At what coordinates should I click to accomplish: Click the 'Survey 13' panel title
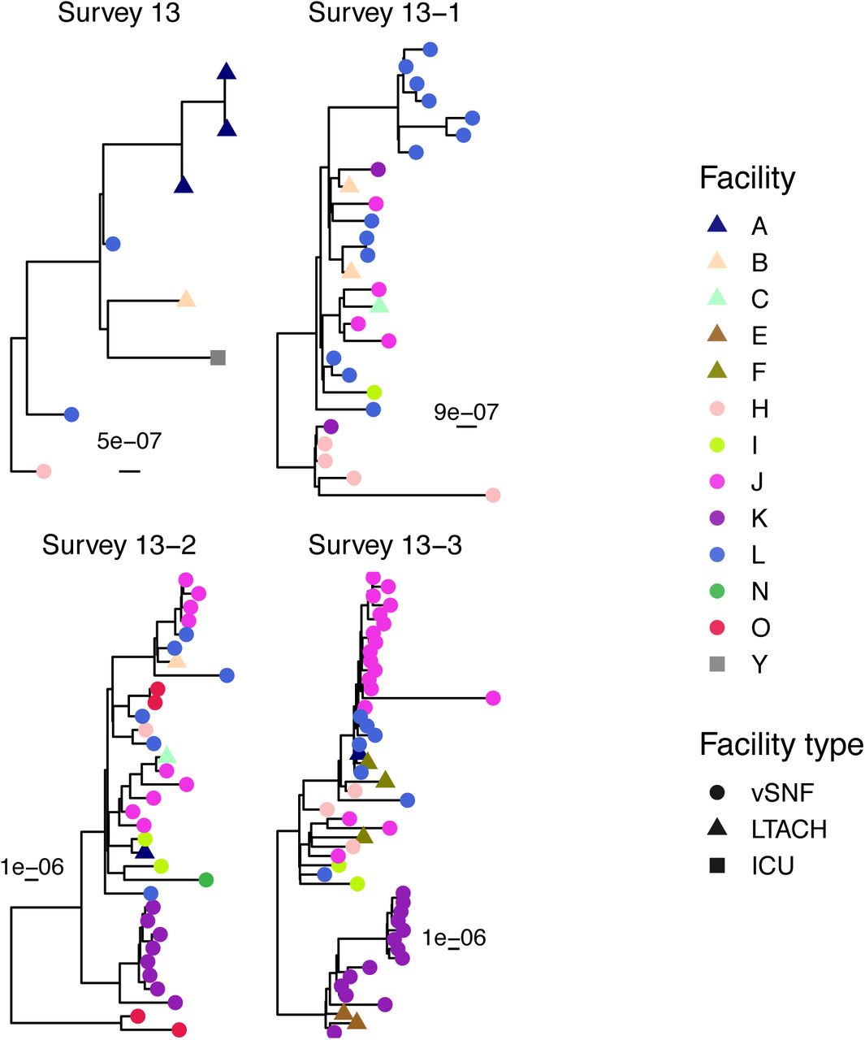click(119, 13)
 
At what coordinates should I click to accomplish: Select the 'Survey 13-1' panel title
click(384, 13)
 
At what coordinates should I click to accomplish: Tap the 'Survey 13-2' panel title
click(119, 545)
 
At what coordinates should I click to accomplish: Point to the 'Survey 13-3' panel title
click(385, 545)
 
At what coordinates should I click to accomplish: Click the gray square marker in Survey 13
click(218, 357)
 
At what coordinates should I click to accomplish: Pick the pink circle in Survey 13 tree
click(44, 470)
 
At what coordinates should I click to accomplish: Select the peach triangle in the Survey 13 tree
click(186, 299)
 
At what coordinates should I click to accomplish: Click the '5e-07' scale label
click(129, 441)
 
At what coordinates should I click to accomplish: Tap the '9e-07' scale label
click(466, 412)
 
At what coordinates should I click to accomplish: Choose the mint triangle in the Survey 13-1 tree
click(379, 305)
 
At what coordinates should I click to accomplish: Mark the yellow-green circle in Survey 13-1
click(374, 392)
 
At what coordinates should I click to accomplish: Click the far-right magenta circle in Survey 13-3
click(492, 698)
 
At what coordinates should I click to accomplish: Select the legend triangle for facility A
click(717, 224)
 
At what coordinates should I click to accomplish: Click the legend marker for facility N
click(717, 591)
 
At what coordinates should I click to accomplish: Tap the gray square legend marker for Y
click(717, 664)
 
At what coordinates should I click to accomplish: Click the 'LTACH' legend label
click(789, 829)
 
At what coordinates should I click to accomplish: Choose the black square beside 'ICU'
click(717, 865)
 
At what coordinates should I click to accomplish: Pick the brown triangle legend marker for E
click(717, 334)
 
